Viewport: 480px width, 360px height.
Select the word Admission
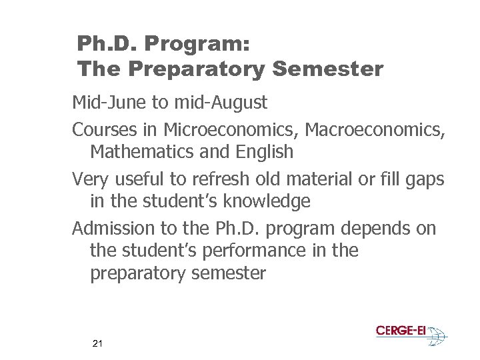[x=113, y=229]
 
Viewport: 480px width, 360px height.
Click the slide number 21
[x=98, y=344]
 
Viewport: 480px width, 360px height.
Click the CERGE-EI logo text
[x=400, y=331]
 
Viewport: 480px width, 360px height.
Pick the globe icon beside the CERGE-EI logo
[x=437, y=335]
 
